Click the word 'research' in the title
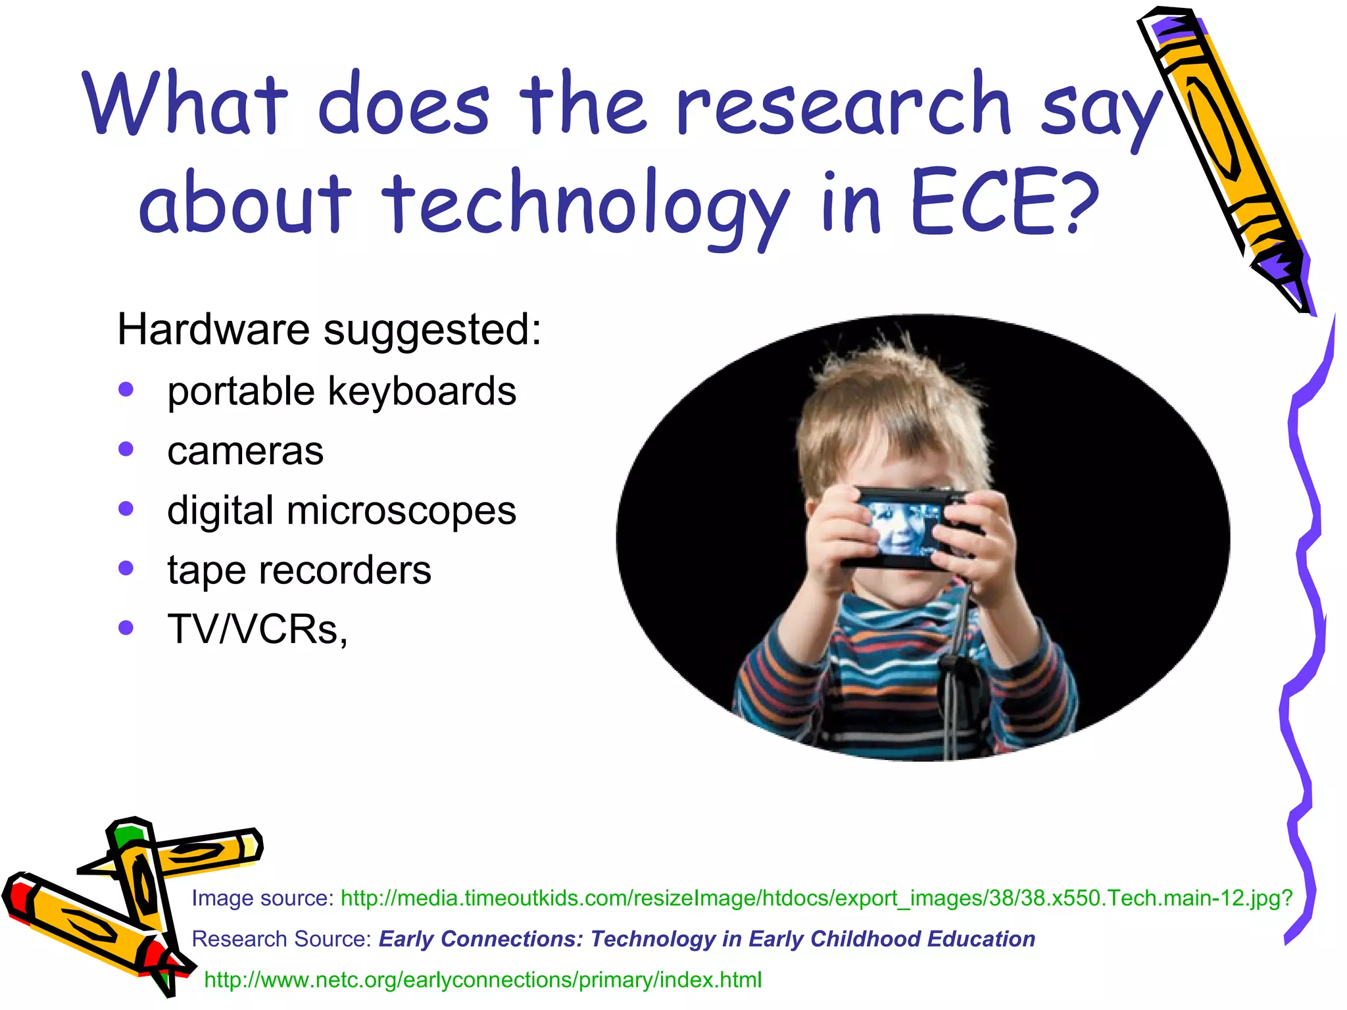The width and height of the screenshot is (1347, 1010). pyautogui.click(x=842, y=105)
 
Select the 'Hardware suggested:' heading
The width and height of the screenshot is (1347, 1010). pyautogui.click(x=329, y=329)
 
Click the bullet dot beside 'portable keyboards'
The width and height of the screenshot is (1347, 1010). pyautogui.click(x=126, y=389)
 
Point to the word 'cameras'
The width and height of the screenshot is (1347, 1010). pyautogui.click(x=245, y=451)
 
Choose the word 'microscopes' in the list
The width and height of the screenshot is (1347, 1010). pyautogui.click(x=401, y=511)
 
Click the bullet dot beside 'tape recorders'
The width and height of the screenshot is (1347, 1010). pyautogui.click(x=126, y=567)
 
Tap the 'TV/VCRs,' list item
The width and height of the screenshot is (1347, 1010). pyautogui.click(x=257, y=629)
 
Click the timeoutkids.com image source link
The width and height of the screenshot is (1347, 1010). pyautogui.click(x=816, y=898)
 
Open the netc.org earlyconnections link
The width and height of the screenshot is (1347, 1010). pyautogui.click(x=483, y=980)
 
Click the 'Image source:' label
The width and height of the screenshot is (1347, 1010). pyautogui.click(x=263, y=898)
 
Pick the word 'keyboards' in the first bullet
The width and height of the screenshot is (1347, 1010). pyautogui.click(x=422, y=392)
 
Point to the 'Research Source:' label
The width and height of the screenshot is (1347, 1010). pyautogui.click(x=282, y=939)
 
